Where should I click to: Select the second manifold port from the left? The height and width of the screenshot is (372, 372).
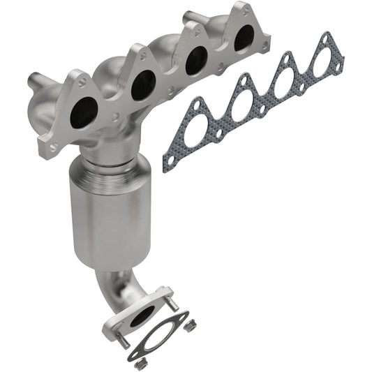(x=142, y=84)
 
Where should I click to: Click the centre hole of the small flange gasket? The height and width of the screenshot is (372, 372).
(x=161, y=333)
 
